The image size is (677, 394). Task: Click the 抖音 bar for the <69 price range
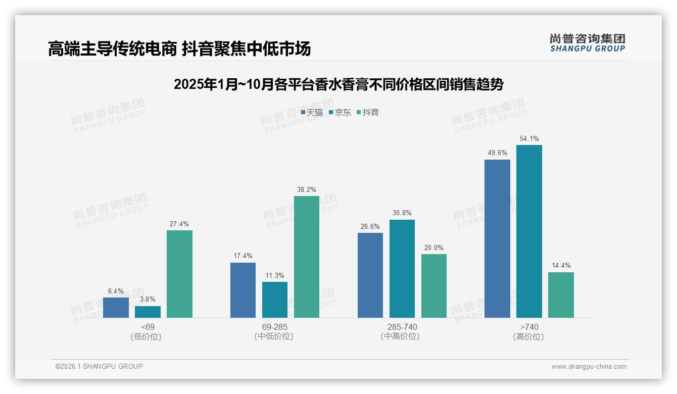coord(179,274)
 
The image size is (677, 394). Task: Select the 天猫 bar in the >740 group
coord(497,238)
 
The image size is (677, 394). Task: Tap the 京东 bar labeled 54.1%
coord(529,231)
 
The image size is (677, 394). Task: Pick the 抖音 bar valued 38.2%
coord(307,257)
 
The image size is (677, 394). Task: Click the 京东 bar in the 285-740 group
coord(402,268)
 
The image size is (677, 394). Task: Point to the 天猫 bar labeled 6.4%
coord(116,307)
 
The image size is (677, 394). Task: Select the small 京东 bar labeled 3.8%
coord(148,312)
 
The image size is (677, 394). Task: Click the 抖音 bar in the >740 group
coord(561,295)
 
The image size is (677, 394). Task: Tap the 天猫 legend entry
coord(312,113)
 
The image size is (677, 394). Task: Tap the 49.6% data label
coord(497,153)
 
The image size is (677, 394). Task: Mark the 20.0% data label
coord(434,248)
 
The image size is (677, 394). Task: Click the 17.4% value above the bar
coord(243,256)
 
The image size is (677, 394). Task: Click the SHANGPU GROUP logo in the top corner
coord(587,42)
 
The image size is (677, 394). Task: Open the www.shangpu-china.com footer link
coord(589,367)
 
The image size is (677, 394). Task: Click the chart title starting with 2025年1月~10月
coord(338,84)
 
